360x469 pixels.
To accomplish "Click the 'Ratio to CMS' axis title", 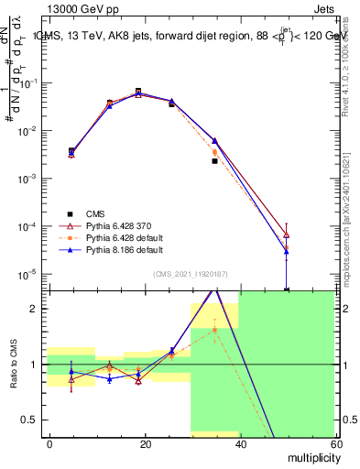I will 14,365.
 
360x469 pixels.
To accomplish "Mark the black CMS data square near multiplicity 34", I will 214,161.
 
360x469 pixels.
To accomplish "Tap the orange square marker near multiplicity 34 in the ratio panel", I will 214,331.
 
